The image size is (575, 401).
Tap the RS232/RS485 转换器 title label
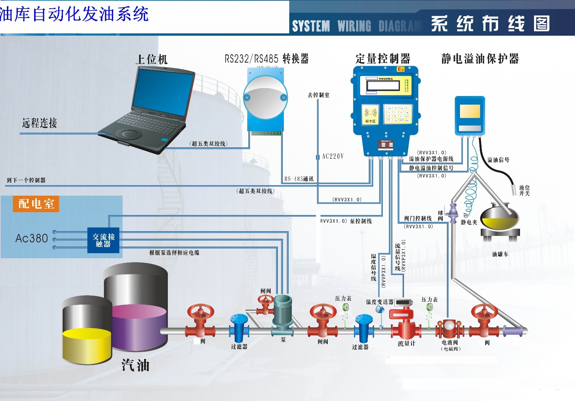(267, 59)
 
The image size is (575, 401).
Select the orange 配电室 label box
(36, 204)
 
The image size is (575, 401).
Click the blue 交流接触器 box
(103, 240)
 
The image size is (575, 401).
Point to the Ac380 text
(32, 238)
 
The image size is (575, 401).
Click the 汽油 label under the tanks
(135, 365)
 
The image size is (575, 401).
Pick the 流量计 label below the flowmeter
(406, 343)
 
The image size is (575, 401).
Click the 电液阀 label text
(450, 343)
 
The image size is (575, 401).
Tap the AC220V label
(333, 156)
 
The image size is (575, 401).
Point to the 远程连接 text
(40, 123)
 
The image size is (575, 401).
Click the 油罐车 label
(500, 254)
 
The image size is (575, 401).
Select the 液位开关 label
(524, 190)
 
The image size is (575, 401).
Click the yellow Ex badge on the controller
(401, 69)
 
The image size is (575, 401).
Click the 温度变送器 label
(379, 302)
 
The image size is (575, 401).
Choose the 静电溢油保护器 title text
(480, 59)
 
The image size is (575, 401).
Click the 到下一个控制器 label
(26, 180)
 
